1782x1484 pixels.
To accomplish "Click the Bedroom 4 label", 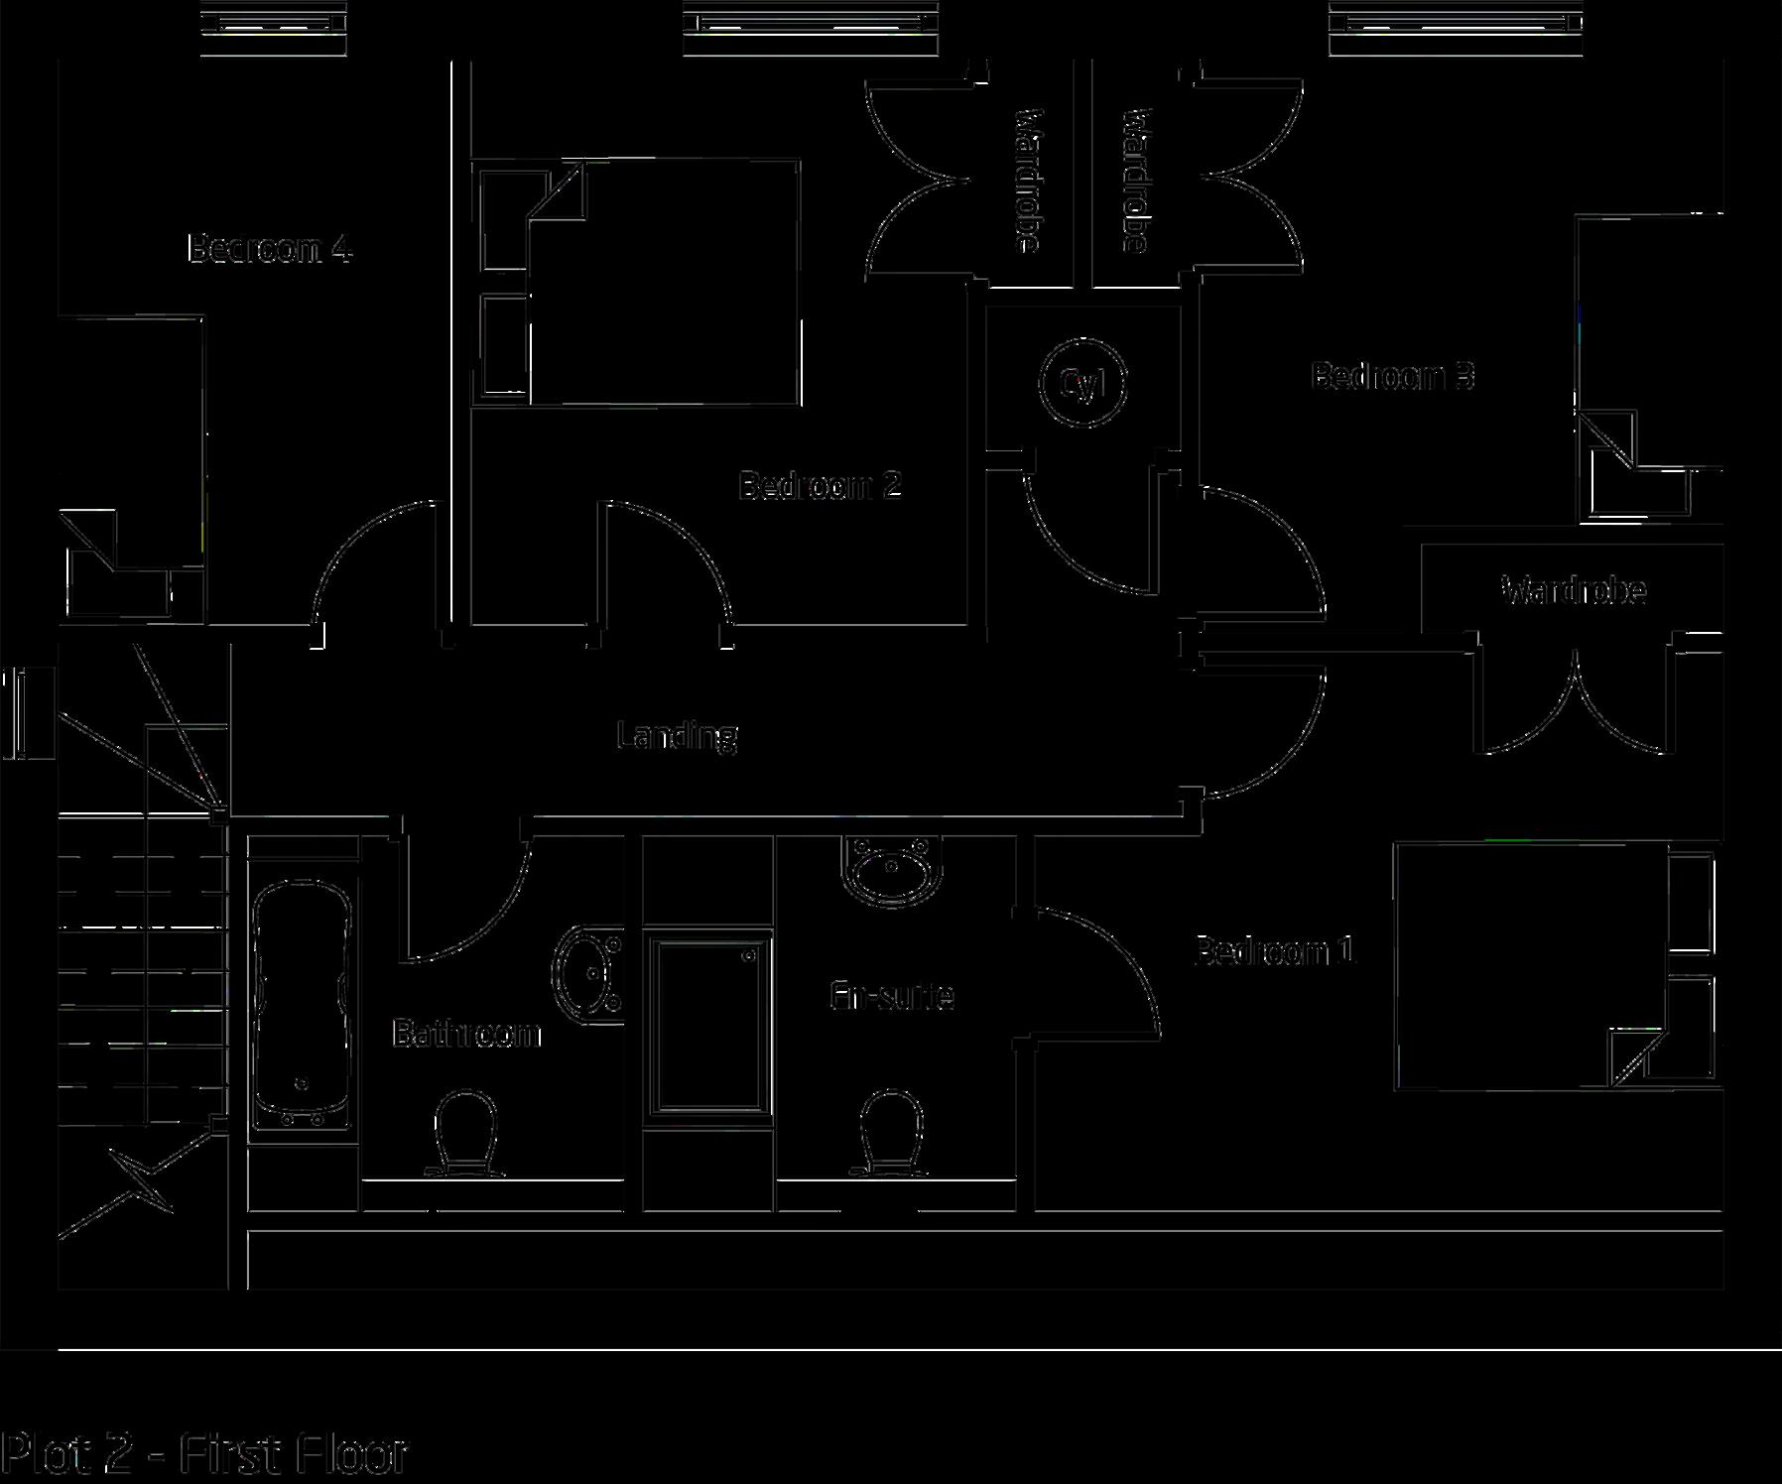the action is (270, 248).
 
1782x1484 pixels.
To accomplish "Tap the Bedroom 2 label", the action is (820, 486).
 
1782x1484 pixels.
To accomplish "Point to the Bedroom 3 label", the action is (1392, 376).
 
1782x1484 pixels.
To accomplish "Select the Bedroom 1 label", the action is (1274, 951).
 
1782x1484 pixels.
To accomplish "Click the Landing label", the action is (677, 736).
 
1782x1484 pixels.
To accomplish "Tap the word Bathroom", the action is (466, 1034).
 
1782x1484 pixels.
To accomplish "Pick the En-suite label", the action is (892, 996).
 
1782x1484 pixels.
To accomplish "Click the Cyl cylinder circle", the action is (1082, 383).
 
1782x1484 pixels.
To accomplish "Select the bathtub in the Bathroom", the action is (303, 1004).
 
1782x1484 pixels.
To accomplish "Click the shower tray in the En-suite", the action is (707, 1026).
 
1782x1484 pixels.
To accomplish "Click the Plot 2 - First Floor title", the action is (204, 1454).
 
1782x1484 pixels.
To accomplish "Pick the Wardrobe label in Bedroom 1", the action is (1575, 591).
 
